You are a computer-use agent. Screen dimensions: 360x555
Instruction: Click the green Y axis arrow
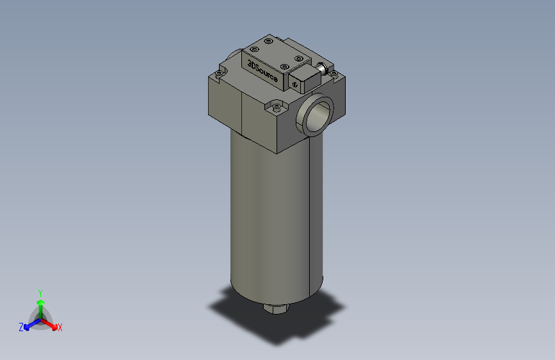(40, 304)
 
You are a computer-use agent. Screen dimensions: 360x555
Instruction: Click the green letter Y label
(40, 291)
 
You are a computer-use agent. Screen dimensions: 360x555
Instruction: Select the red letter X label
(60, 328)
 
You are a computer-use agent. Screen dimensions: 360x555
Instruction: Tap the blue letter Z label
(21, 327)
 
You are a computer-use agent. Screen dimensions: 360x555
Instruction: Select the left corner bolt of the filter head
(219, 74)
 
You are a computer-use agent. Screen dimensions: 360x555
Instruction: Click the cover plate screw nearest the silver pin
(298, 58)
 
